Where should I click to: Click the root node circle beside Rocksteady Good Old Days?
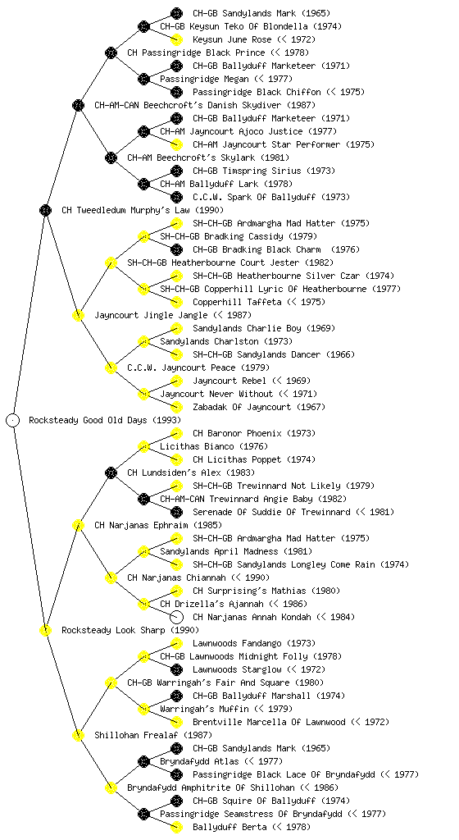(x=13, y=420)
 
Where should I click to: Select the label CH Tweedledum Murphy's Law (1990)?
(x=143, y=210)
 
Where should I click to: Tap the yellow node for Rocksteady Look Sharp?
(x=45, y=630)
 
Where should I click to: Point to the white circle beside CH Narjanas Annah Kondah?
(x=176, y=617)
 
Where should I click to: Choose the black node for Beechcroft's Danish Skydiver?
(x=78, y=105)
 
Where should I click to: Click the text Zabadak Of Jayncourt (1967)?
(x=258, y=407)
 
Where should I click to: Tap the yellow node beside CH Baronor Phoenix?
(x=176, y=433)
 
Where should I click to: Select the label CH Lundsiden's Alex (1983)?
(x=190, y=472)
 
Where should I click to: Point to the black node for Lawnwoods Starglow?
(x=176, y=669)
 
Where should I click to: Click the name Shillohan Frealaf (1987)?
(x=153, y=735)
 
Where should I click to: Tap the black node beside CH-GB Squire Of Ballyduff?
(x=176, y=801)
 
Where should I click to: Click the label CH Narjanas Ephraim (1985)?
(x=158, y=525)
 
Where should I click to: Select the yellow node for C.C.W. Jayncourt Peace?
(x=111, y=367)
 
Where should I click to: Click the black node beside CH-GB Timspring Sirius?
(x=176, y=171)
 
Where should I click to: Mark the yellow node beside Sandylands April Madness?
(x=143, y=551)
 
